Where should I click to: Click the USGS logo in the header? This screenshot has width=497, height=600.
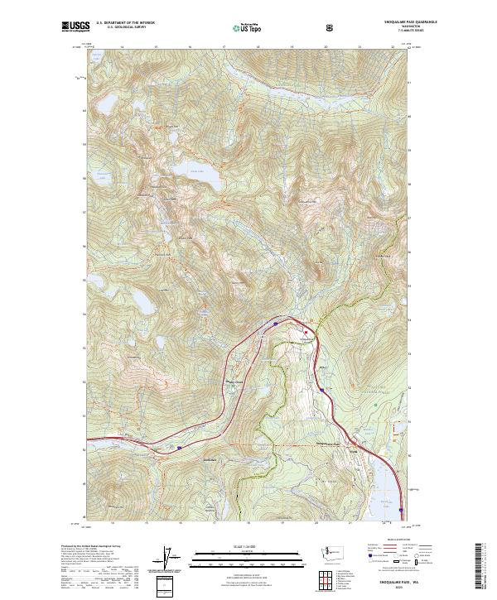(x=74, y=27)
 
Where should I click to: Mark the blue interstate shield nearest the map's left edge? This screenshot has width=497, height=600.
(x=180, y=448)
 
